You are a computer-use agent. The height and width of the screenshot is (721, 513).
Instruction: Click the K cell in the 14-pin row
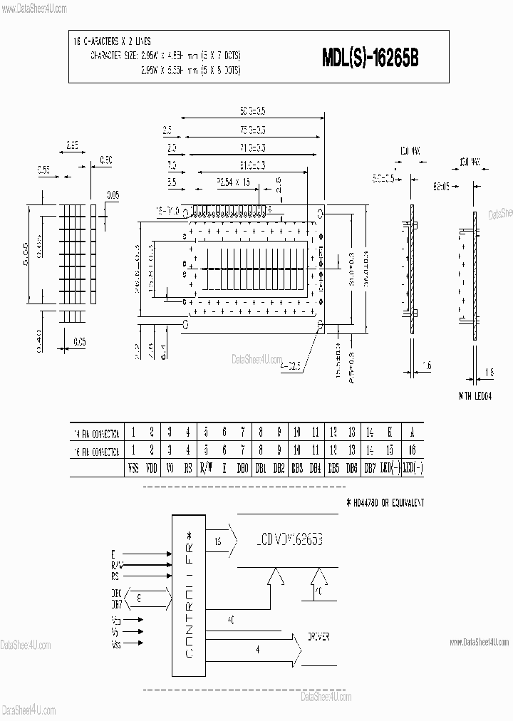click(390, 432)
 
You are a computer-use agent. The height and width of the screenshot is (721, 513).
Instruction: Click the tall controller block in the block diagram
click(188, 595)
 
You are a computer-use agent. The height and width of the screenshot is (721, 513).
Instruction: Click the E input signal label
click(113, 553)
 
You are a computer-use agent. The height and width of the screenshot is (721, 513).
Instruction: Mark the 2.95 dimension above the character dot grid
click(72, 145)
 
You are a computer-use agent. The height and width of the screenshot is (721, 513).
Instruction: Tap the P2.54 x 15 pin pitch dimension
click(233, 182)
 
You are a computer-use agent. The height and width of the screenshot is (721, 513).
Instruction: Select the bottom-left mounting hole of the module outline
click(187, 324)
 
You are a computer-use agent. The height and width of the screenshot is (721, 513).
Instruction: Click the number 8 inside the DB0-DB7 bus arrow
click(139, 599)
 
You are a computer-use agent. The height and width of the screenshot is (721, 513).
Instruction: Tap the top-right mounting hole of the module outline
click(320, 212)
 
